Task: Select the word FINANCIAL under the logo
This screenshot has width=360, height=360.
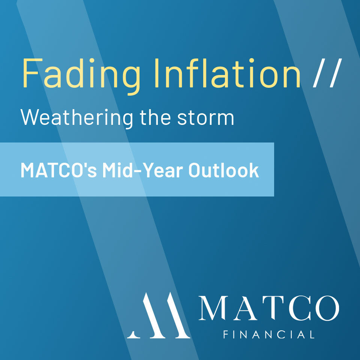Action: [268, 334]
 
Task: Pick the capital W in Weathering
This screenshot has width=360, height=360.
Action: [30, 117]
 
